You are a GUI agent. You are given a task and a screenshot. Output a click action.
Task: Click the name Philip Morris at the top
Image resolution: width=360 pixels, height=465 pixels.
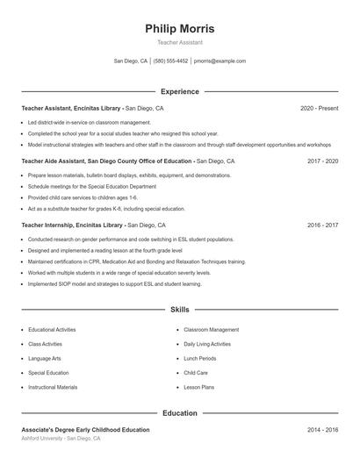point(179,28)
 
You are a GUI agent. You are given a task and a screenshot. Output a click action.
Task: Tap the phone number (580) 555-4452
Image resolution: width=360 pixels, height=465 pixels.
point(170,61)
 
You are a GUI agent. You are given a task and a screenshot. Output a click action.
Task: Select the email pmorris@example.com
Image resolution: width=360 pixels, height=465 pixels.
point(220,61)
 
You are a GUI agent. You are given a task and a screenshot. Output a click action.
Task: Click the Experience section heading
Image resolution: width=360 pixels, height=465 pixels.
point(179,91)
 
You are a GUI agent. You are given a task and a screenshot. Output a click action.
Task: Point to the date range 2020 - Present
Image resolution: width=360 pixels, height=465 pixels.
point(319,108)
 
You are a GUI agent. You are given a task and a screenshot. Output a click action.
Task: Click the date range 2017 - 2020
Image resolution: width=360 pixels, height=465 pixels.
point(322,161)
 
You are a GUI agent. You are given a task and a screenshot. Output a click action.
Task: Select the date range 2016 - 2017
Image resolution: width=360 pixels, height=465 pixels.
point(322,225)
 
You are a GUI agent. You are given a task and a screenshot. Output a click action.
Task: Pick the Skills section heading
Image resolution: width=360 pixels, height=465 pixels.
point(179,310)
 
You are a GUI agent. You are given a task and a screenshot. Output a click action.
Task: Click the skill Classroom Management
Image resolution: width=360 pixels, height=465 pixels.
point(211,330)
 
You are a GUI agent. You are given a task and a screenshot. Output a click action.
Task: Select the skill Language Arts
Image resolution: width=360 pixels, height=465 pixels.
point(45,358)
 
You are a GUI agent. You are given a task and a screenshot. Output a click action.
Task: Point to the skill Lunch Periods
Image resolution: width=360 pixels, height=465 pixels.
point(200,358)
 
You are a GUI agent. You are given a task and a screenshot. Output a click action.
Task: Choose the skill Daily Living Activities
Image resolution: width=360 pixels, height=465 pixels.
point(207,344)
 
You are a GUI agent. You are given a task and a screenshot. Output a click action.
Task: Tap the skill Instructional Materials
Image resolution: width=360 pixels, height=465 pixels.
point(53,387)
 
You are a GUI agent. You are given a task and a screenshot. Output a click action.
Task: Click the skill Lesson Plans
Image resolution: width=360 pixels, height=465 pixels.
point(199,387)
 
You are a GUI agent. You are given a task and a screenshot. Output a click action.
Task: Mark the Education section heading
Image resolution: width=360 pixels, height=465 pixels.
point(179,413)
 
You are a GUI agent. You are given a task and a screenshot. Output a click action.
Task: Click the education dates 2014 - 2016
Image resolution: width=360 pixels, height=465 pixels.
point(322,430)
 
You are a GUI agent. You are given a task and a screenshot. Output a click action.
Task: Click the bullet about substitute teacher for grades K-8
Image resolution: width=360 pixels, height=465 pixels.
point(106,209)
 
